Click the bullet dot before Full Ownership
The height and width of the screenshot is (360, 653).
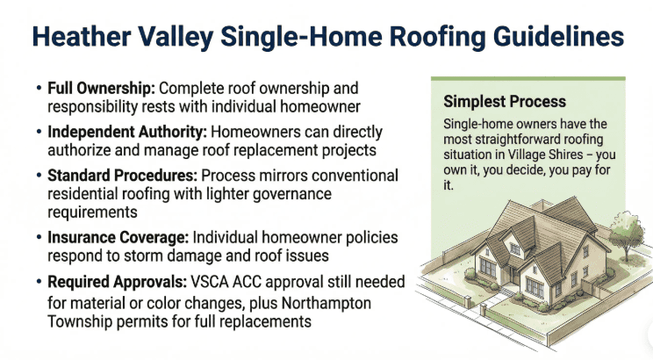39,90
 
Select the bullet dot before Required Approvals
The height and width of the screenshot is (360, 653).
39,281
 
